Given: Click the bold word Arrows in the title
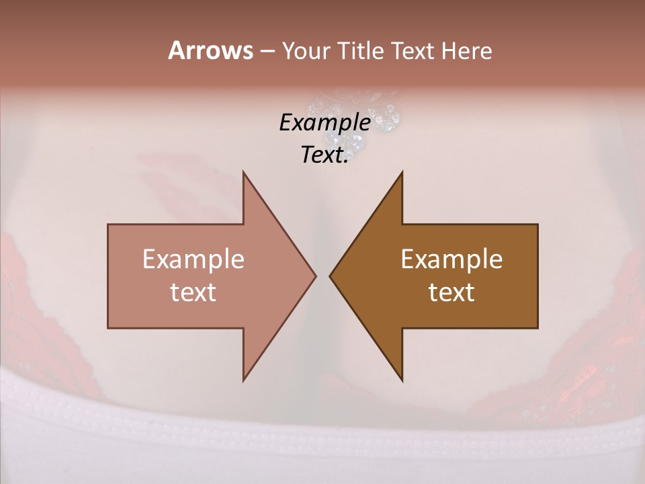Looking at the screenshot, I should (x=210, y=50).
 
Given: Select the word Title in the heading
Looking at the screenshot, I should (x=360, y=50).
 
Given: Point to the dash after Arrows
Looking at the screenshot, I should (x=266, y=52).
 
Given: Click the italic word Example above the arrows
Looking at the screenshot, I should (x=325, y=122).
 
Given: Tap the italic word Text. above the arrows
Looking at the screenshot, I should (x=325, y=155).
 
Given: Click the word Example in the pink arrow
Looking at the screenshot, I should (x=193, y=259).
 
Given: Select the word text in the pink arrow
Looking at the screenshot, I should (x=193, y=292).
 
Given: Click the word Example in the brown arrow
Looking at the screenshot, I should (x=451, y=259).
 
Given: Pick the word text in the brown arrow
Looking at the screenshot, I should (x=451, y=292).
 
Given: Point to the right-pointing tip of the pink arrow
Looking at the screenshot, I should (x=316, y=276).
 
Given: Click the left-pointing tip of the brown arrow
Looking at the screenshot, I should (x=330, y=276).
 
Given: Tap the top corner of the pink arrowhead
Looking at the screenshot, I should (x=243, y=172).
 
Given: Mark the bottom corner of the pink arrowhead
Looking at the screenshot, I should (x=243, y=380).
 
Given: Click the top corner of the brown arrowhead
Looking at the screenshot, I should (x=402, y=172).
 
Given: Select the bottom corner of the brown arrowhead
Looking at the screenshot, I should (x=402, y=380).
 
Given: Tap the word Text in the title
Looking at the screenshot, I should (x=413, y=50).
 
